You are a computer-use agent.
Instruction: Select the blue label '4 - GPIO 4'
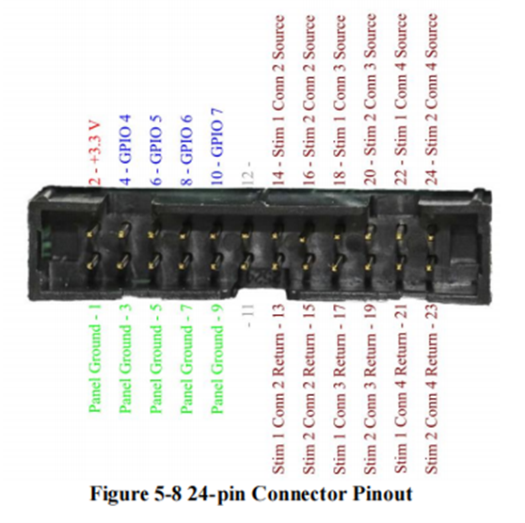coord(126,150)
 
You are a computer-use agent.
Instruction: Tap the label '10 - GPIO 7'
coord(217,147)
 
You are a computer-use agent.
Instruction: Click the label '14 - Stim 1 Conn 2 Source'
coord(278,101)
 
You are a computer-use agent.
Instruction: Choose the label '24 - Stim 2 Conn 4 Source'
coord(431,100)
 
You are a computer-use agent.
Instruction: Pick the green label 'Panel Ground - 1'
coord(95,358)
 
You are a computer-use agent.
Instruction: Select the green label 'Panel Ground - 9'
coord(217,358)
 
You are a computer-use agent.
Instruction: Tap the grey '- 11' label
coord(250,315)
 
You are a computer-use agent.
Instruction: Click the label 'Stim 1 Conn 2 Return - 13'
coord(278,389)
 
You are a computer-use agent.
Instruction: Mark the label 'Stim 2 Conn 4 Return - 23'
coord(431,389)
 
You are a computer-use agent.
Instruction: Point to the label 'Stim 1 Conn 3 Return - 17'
coord(340,389)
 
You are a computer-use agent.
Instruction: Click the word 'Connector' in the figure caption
coord(299,494)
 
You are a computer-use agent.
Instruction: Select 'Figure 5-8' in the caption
coord(136,495)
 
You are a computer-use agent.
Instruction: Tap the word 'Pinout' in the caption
coord(383,494)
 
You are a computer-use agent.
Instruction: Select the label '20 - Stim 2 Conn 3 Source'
coord(371,100)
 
